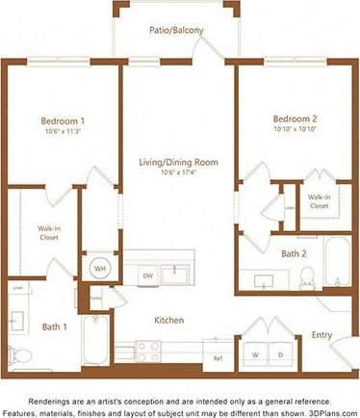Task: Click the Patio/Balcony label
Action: [x=175, y=31]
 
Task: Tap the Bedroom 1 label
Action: [x=64, y=121]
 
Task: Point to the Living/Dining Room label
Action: [x=166, y=162]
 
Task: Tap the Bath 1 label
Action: [x=55, y=327]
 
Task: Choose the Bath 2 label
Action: [x=294, y=254]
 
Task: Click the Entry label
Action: [x=322, y=335]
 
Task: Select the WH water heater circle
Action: [x=99, y=268]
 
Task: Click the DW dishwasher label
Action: [x=147, y=276]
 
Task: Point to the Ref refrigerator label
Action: [x=218, y=358]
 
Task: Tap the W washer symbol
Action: [x=255, y=354]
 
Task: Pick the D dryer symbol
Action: [x=280, y=354]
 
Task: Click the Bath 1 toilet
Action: [x=19, y=355]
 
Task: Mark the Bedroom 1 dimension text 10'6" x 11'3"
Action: [x=64, y=132]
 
